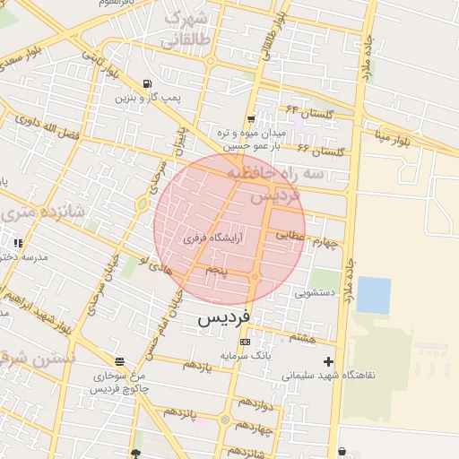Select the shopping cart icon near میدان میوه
click(x=251, y=118)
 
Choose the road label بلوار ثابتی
click(x=100, y=65)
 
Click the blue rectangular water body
click(x=373, y=295)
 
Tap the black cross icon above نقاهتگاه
click(x=329, y=362)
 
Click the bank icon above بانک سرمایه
click(x=245, y=342)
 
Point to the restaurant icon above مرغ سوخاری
click(x=119, y=363)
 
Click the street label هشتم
click(x=303, y=337)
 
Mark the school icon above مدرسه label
click(x=17, y=243)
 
